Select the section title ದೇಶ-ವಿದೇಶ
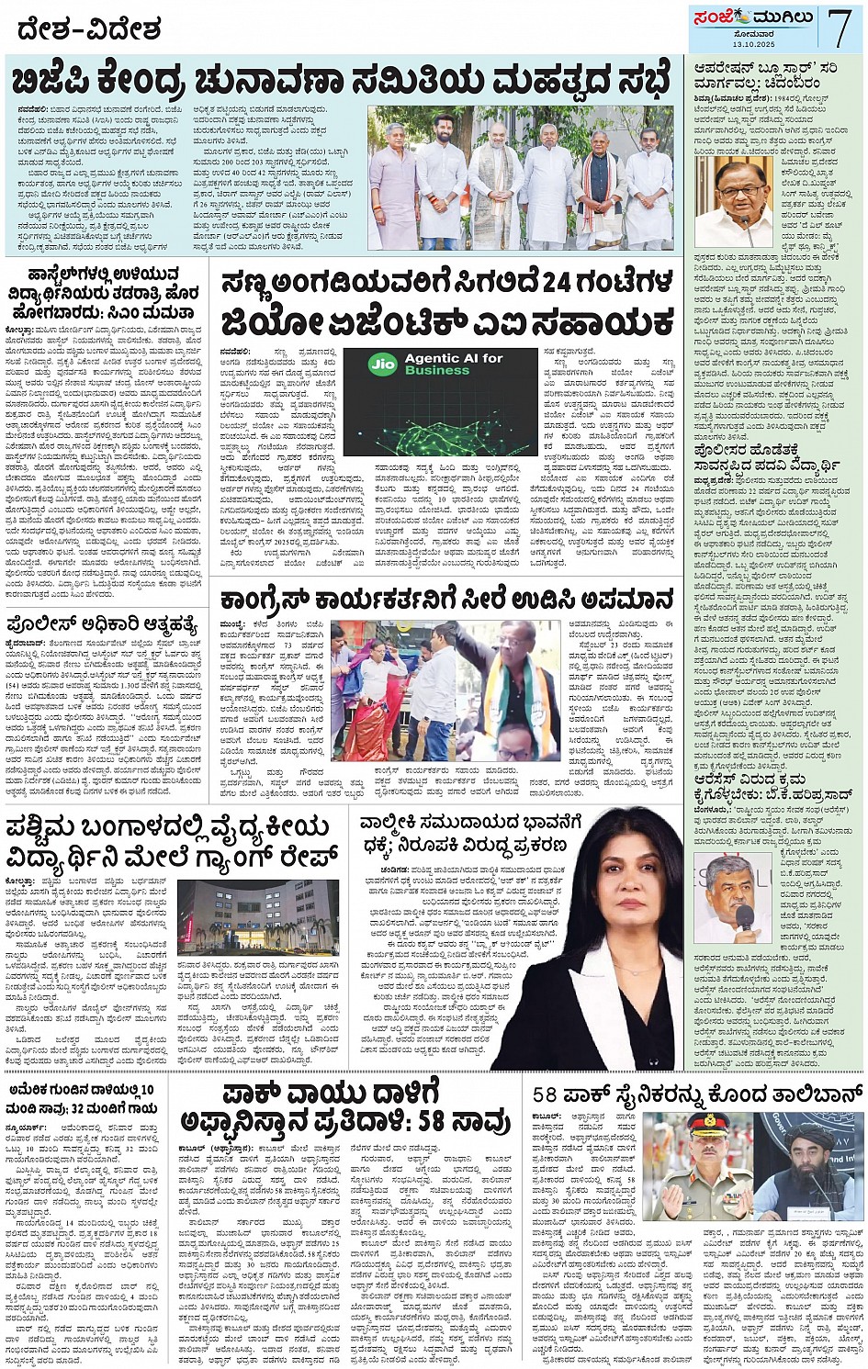[88, 30]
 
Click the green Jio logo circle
[381, 364]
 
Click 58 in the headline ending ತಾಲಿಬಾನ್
[546, 1094]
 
